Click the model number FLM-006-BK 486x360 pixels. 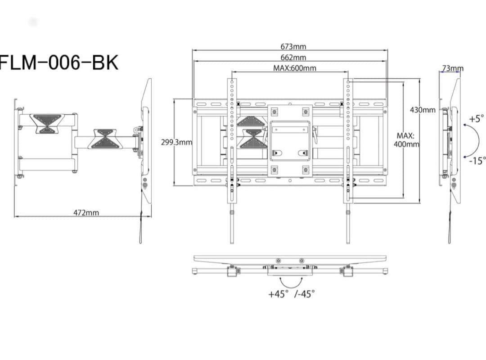coord(58,63)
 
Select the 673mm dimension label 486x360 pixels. coord(293,46)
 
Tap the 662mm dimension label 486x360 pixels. coord(293,57)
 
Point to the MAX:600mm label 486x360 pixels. coord(294,68)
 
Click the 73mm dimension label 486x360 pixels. coord(452,68)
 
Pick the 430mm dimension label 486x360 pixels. coord(423,110)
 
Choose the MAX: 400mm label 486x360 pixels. coord(407,140)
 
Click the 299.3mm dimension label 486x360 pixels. coord(176,142)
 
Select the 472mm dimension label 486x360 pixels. coord(86,212)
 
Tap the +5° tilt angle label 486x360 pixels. coord(476,119)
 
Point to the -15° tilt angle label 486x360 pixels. coord(476,161)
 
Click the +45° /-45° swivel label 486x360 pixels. coord(291,294)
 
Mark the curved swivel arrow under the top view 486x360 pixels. coord(291,283)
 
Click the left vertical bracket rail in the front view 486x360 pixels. coord(232,148)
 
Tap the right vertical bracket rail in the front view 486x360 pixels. coord(348,148)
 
